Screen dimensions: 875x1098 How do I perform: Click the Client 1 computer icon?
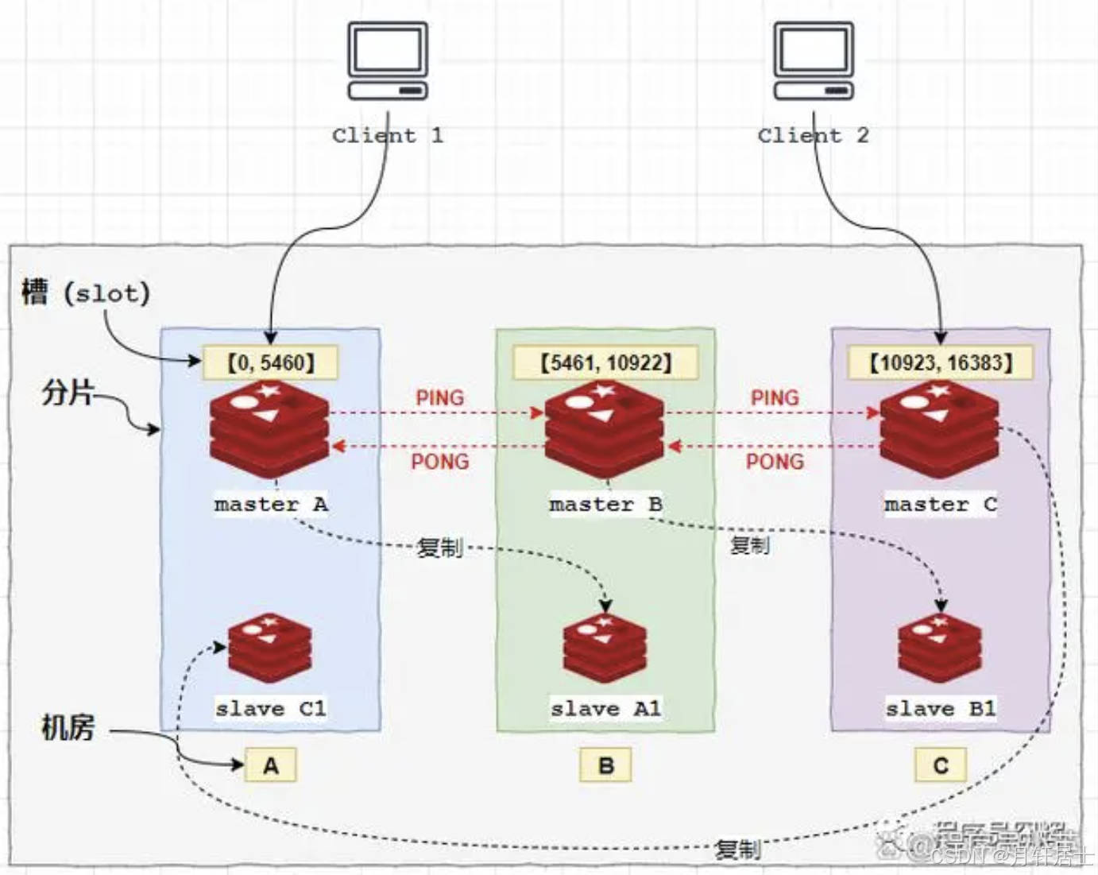(x=388, y=61)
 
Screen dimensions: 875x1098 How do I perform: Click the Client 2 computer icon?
(x=814, y=61)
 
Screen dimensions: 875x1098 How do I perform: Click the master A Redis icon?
(x=269, y=429)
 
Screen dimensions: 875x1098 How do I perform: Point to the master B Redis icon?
(x=605, y=429)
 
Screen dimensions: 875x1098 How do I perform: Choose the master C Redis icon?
(x=940, y=429)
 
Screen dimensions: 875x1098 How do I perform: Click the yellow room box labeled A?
(x=271, y=765)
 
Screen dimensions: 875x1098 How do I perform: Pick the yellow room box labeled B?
(x=605, y=765)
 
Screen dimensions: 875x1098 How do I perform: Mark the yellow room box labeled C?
(x=941, y=765)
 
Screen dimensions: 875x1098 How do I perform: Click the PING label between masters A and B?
(x=439, y=398)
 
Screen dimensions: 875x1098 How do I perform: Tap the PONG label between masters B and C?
(x=775, y=461)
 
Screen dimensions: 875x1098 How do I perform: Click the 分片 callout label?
(x=68, y=393)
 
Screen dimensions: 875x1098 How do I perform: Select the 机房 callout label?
(x=68, y=727)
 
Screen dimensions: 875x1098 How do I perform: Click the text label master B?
(x=605, y=505)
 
